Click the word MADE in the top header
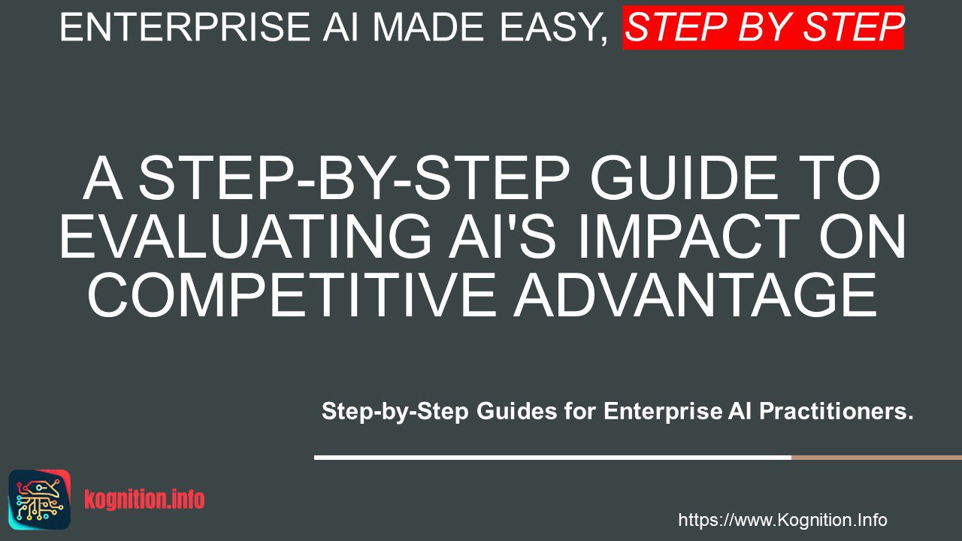coord(429,27)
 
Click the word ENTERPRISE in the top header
coord(184,27)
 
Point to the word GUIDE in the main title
coord(685,179)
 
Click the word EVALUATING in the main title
coord(245,237)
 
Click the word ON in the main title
coord(862,237)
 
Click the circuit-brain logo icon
coord(40,500)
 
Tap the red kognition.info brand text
coord(144,500)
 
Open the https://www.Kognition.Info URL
coord(782,520)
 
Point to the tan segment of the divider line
coord(876,458)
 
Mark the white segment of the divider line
coord(552,458)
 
